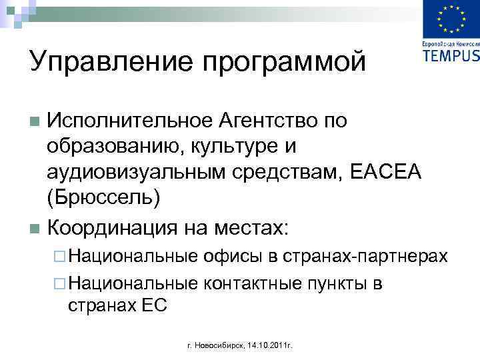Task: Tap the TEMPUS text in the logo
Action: pyautogui.click(x=451, y=55)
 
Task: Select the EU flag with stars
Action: pyautogui.click(x=451, y=20)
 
